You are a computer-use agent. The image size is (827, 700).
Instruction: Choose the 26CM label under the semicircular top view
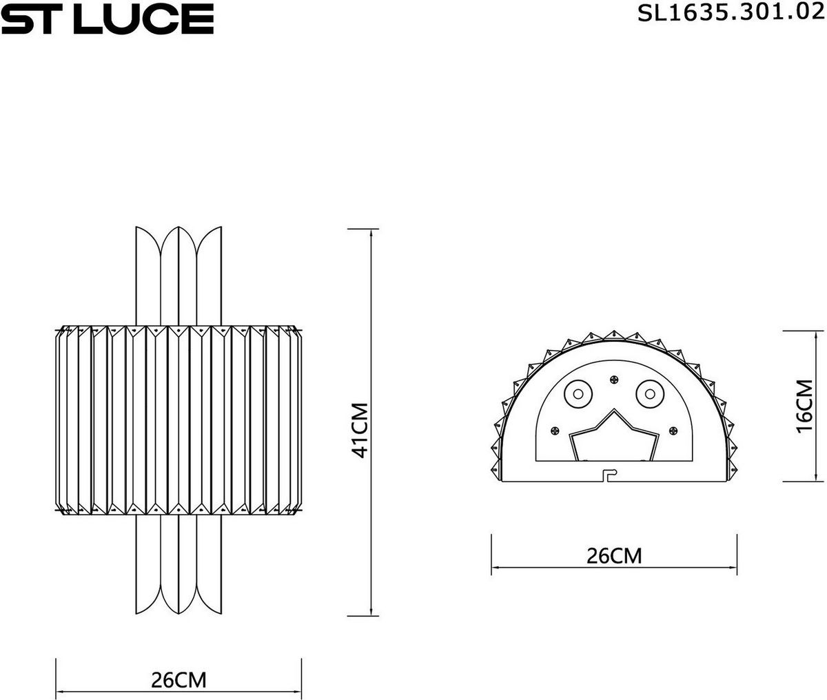tap(613, 555)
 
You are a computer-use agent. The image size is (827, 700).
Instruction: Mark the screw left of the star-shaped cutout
tap(553, 431)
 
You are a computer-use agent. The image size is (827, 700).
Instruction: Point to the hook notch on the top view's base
tap(609, 475)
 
